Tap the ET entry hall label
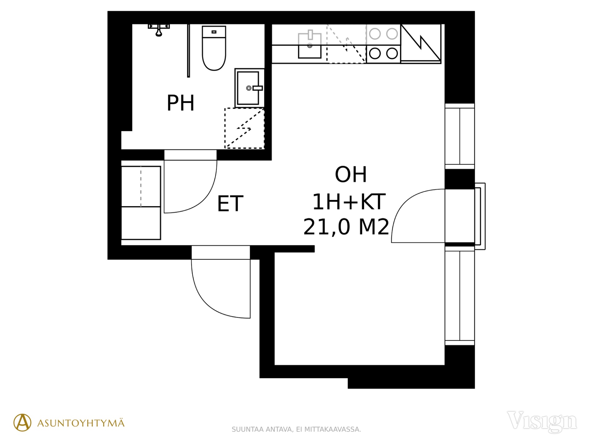coord(230,204)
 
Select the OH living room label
coord(351,175)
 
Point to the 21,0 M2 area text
coord(346,227)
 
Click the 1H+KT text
coord(349,201)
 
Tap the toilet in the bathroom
coord(214,48)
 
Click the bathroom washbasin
coord(249,88)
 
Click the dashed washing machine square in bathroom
coord(244,128)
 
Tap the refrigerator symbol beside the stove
coord(421,44)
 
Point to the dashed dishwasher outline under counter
coord(346,44)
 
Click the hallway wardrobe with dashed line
coord(141,203)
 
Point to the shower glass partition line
coord(188,51)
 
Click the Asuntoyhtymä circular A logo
coord(23,422)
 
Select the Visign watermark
coord(542,422)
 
